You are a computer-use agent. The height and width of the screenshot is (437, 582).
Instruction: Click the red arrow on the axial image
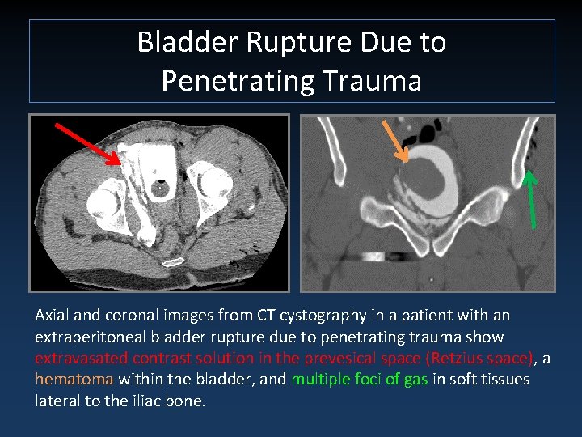click(85, 142)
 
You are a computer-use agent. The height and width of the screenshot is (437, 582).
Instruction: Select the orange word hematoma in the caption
click(74, 379)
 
